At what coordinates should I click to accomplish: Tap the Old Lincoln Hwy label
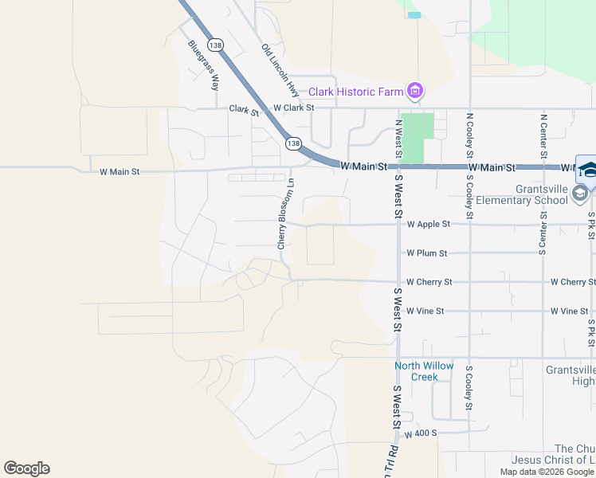pos(280,71)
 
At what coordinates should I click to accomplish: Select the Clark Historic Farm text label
pos(356,92)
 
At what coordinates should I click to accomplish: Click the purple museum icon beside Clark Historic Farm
pos(414,92)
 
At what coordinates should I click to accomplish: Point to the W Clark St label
pos(293,107)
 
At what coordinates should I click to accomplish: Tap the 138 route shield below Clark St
pos(293,143)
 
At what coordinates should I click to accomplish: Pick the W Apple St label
pos(429,225)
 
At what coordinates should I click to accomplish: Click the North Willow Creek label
pos(424,371)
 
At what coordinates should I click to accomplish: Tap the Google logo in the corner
pos(26,468)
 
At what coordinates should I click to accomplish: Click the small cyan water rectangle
pos(414,15)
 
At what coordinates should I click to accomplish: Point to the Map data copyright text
pos(547,472)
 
